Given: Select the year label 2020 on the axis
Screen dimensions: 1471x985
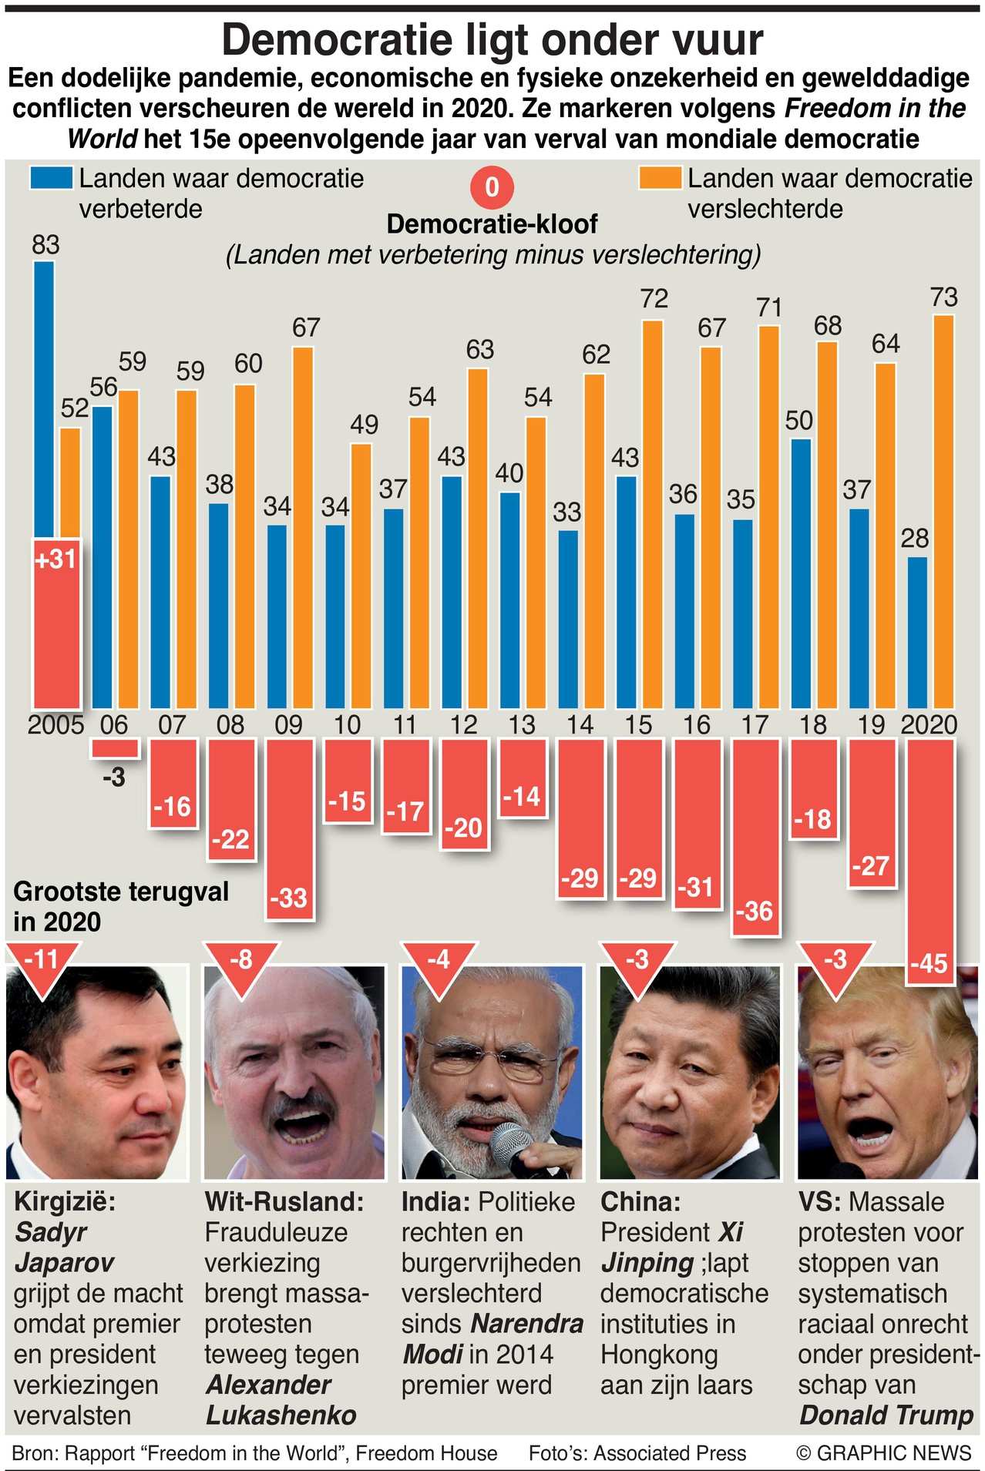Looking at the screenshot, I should [929, 725].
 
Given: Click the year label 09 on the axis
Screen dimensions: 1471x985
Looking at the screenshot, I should [289, 725].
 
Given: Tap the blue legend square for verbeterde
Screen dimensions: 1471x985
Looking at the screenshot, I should [52, 178].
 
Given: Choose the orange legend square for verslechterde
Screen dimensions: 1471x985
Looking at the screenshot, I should [660, 178].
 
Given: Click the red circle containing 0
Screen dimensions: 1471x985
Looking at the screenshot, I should [492, 187].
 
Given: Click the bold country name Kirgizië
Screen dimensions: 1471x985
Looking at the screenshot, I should [64, 1202].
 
